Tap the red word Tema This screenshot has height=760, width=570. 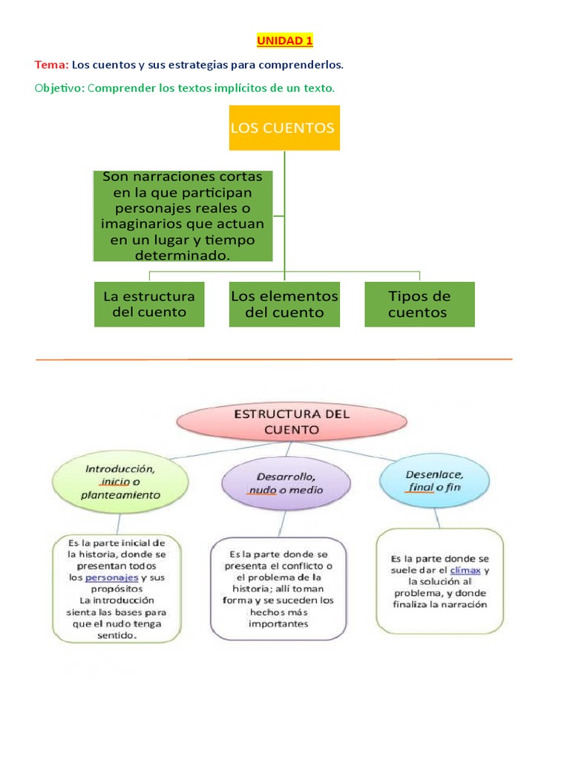point(51,65)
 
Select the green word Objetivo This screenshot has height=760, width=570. point(59,88)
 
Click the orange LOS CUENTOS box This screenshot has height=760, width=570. point(283,128)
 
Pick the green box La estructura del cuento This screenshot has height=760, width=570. point(149,304)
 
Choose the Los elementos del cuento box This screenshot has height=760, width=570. point(284,304)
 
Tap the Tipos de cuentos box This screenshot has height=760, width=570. point(419,304)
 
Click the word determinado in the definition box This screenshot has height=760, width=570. point(183,255)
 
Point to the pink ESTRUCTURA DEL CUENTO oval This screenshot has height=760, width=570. point(291,422)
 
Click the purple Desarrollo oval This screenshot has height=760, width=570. point(285,482)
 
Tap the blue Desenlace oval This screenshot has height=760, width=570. point(434,480)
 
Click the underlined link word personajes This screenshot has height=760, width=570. point(111,577)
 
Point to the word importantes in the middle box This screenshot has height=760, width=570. point(279,623)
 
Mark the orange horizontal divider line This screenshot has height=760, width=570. point(275,360)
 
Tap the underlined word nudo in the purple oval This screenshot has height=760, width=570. point(262,490)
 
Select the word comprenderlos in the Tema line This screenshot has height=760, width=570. point(309,65)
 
